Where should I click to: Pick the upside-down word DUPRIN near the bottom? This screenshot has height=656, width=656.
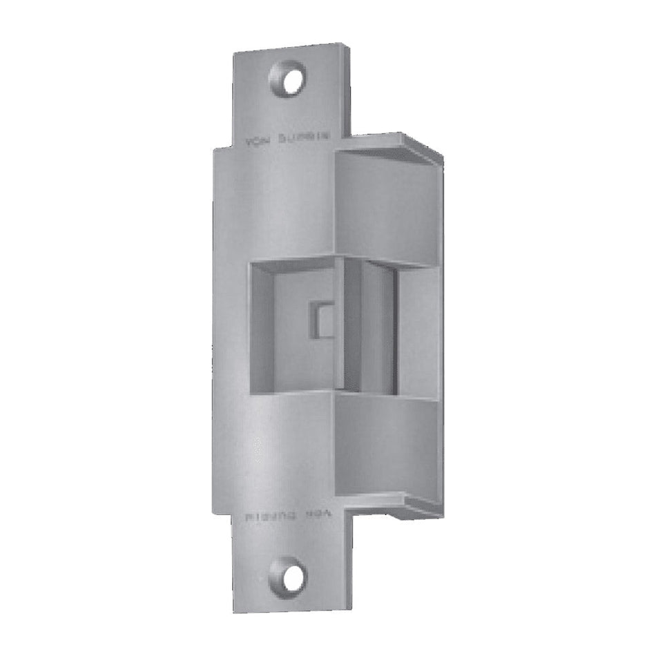(x=269, y=516)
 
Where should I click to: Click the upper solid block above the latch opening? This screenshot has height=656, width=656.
(x=387, y=207)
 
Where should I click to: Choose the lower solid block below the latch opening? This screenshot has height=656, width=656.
(x=387, y=445)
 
